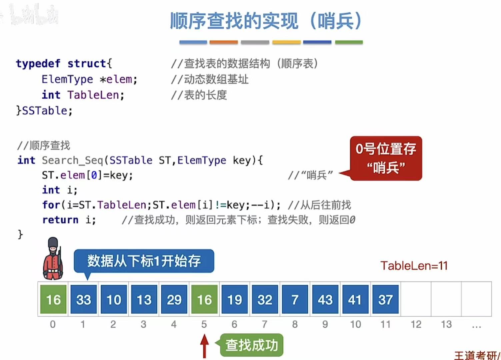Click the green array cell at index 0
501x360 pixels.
click(53, 299)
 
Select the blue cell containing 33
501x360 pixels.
click(84, 299)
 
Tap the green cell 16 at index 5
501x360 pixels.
click(204, 299)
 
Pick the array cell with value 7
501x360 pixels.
click(295, 299)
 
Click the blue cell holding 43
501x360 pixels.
click(325, 299)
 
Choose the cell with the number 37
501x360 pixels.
click(385, 299)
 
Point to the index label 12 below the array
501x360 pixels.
click(416, 324)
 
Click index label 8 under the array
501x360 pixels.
click(295, 324)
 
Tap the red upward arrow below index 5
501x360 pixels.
click(204, 346)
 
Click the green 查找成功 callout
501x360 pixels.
click(252, 345)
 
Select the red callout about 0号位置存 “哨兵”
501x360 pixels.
click(386, 158)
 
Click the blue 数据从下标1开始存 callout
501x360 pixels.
click(144, 261)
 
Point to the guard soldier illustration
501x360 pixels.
click(53, 259)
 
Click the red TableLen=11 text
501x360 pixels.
click(414, 266)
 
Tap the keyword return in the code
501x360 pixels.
click(60, 220)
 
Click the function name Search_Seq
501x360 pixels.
click(72, 160)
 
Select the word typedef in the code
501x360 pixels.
click(38, 63)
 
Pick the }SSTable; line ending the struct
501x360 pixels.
click(44, 111)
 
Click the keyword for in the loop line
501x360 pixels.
click(51, 205)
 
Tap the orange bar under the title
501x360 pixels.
click(223, 42)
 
